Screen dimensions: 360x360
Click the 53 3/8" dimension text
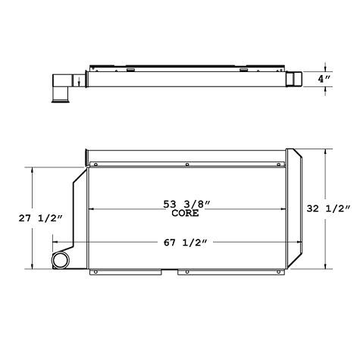tap(185, 203)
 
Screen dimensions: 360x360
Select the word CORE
tap(185, 214)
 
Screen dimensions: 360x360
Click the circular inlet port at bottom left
tap(60, 261)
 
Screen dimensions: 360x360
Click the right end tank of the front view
tap(295, 208)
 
